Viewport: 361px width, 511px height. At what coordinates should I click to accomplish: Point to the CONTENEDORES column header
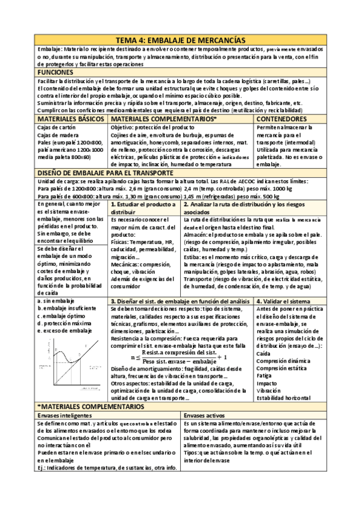tap(282, 120)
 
